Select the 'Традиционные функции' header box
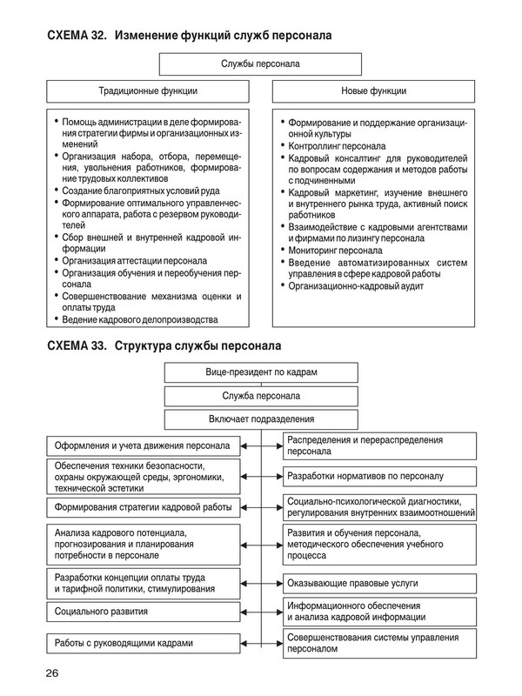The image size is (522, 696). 147,90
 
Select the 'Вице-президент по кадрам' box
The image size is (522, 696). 261,372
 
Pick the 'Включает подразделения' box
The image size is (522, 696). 261,419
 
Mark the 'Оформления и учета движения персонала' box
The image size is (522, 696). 142,446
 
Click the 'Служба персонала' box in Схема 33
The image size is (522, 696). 261,396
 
